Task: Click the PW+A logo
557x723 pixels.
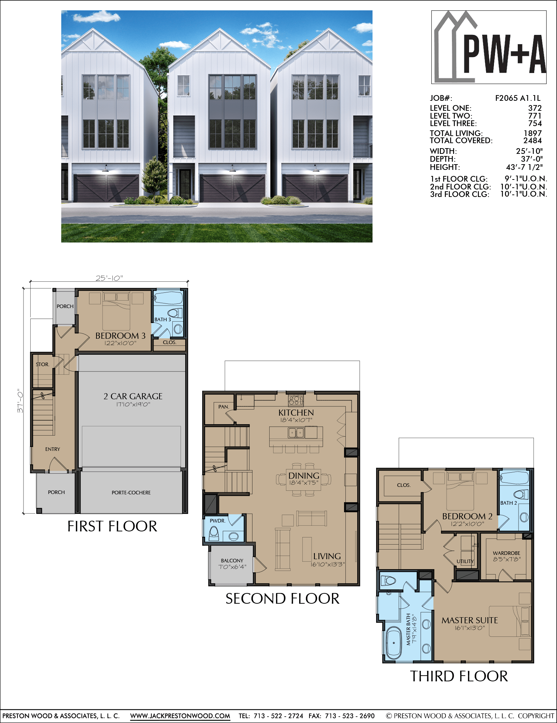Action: [489, 47]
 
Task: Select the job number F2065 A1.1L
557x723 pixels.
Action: [518, 98]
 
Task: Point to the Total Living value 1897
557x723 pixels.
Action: [532, 133]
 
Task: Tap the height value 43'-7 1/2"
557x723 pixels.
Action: [524, 167]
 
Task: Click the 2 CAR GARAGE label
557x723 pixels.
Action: [133, 396]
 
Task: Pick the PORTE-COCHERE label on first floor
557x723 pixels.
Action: [131, 493]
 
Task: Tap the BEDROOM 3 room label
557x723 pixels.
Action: [120, 336]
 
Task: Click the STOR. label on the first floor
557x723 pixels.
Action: [42, 364]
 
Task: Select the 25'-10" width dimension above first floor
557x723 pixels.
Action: [109, 278]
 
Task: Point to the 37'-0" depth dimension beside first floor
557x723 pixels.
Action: [20, 401]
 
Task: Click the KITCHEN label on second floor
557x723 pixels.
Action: [296, 413]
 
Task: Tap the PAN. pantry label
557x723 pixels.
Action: [224, 407]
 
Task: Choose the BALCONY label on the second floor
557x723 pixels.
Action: [232, 561]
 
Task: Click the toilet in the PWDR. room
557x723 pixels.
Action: [214, 532]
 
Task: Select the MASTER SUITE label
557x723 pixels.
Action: [470, 620]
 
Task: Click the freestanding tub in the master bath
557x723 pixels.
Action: [394, 643]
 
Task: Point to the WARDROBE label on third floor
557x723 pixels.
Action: [506, 553]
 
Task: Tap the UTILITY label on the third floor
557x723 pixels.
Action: [465, 561]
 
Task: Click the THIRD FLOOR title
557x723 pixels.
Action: [459, 676]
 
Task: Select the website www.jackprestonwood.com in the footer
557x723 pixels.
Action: [180, 716]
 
